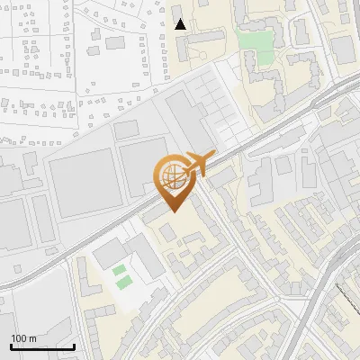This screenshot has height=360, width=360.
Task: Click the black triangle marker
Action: [x=181, y=24]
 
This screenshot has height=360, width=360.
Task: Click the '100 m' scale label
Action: [x=24, y=338]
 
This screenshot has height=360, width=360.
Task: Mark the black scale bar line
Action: [x=42, y=347]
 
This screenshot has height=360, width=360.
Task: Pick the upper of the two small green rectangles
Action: [x=120, y=270]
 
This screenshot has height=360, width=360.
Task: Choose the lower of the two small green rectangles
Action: [x=123, y=283]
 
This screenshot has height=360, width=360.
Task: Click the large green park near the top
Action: [x=254, y=46]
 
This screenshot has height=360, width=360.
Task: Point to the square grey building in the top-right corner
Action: [x=344, y=49]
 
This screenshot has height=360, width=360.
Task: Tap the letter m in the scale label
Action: [x=32, y=338]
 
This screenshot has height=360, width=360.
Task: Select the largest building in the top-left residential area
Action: [x=115, y=41]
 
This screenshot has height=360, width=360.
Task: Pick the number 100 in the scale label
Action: [x=19, y=338]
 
